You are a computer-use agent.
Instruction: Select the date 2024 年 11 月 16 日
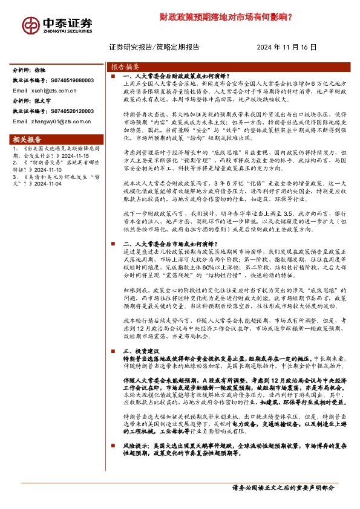click(x=286, y=47)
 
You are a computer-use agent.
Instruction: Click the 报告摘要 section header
click(x=126, y=66)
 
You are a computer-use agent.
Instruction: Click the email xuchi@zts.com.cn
click(x=53, y=90)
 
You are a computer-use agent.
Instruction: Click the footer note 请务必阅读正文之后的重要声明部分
click(x=283, y=487)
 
